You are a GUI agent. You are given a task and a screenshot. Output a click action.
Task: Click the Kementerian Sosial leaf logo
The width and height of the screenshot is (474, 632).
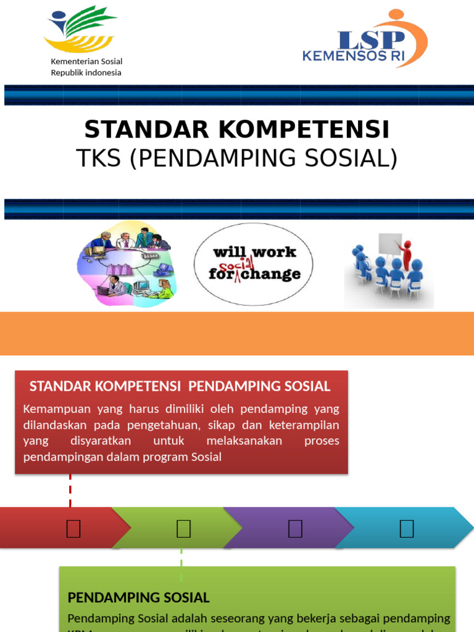tap(79, 30)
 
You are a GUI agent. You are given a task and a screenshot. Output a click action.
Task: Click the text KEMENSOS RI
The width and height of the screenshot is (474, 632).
tap(353, 57)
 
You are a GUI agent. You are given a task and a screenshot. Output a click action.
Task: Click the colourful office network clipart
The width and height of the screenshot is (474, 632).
tap(127, 264)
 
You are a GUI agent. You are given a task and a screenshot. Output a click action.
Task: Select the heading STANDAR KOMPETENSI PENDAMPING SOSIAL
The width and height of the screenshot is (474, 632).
tap(180, 387)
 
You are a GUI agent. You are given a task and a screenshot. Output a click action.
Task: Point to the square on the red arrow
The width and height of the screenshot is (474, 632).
tap(73, 528)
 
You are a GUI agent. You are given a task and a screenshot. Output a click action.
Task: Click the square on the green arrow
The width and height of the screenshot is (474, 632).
tap(183, 528)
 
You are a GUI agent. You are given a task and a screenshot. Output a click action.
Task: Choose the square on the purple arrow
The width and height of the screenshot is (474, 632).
tap(295, 528)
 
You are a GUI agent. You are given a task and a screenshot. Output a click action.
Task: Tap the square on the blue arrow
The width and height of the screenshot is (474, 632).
tap(406, 528)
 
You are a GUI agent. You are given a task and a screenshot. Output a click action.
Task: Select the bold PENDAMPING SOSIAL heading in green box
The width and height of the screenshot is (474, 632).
tap(138, 597)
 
